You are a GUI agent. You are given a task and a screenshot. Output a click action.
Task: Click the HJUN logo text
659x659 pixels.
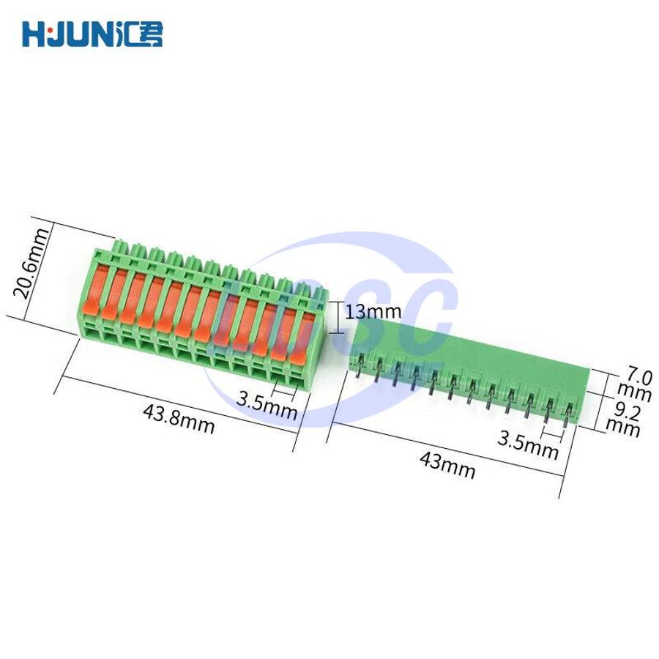(x=67, y=34)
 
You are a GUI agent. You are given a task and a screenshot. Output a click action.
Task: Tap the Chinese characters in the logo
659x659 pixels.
(x=138, y=34)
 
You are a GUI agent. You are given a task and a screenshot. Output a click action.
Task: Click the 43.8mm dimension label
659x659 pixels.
(x=179, y=419)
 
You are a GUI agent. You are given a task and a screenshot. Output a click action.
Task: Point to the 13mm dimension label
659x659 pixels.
(x=373, y=312)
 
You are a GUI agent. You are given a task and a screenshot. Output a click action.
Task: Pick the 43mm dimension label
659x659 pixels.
(x=447, y=465)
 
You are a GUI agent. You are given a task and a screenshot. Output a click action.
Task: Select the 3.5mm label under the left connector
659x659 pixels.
(x=267, y=405)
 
